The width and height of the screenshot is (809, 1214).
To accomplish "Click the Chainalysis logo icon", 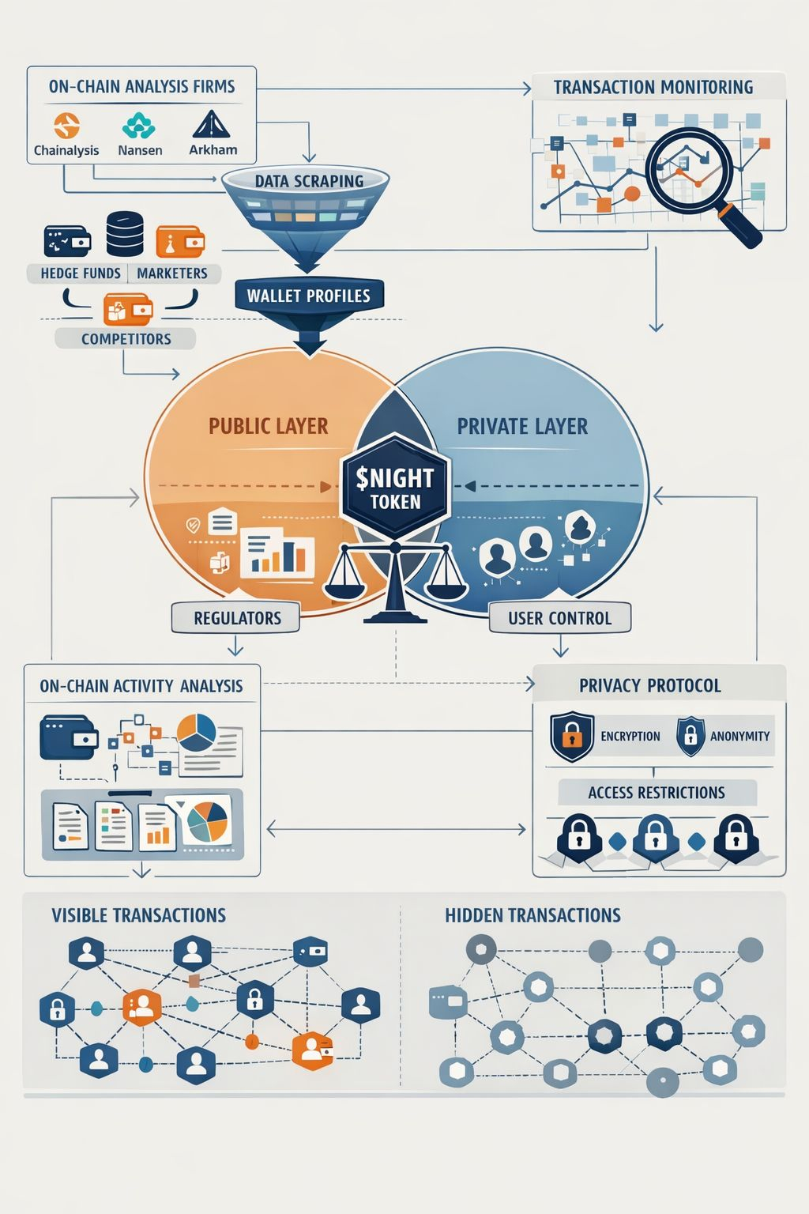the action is (66, 126).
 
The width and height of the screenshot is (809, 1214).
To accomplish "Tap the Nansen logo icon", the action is (140, 126).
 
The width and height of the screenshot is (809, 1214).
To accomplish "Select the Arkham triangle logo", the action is (211, 125).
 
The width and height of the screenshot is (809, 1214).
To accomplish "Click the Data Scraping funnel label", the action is (309, 181).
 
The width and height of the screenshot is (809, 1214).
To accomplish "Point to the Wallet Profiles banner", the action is (308, 296).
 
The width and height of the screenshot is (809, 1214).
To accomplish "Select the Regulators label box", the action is (237, 618).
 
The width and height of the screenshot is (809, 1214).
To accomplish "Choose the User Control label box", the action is (559, 618).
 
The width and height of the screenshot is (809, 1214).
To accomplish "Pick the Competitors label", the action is (126, 339).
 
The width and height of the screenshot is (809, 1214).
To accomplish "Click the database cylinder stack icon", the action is (125, 234).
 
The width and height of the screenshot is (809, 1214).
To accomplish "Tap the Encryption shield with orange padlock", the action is (571, 735).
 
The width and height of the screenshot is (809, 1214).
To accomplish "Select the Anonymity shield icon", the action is (690, 735).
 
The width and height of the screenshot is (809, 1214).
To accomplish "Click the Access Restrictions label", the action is (657, 793).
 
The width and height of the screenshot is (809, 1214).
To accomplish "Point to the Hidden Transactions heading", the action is (532, 915).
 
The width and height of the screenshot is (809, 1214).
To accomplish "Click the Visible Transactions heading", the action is (138, 915).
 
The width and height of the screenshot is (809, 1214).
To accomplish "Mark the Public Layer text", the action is (268, 427).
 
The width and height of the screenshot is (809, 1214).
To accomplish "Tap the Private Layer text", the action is (522, 427).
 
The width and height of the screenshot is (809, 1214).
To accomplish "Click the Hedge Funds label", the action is (81, 273).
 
